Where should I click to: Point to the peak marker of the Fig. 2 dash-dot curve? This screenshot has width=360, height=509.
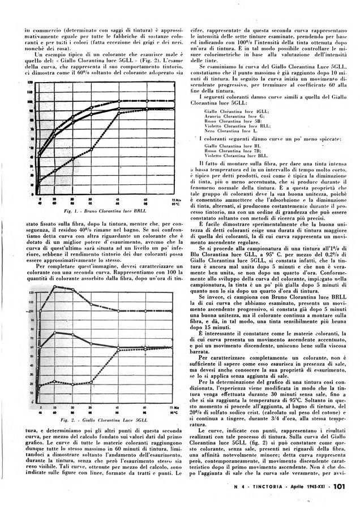click(x=54, y=287)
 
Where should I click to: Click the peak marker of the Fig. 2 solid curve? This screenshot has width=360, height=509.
click(x=54, y=332)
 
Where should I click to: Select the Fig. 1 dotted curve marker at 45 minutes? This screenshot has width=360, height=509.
click(x=118, y=113)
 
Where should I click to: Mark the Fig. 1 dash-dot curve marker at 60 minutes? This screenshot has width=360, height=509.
click(x=145, y=101)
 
